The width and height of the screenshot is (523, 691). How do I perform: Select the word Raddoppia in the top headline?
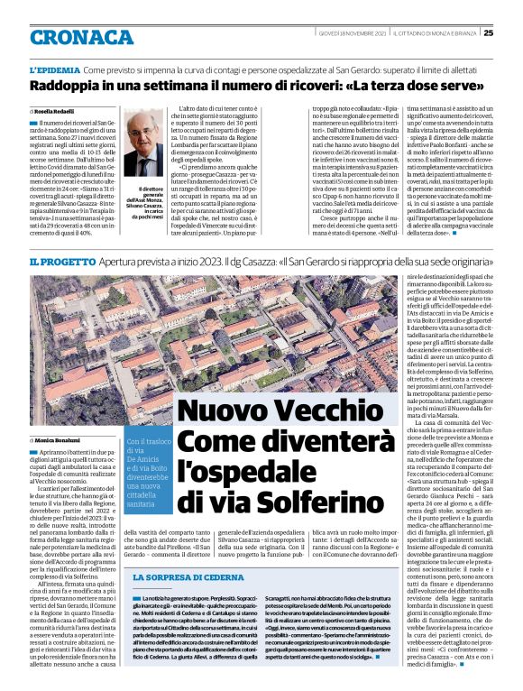[x=65, y=87]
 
